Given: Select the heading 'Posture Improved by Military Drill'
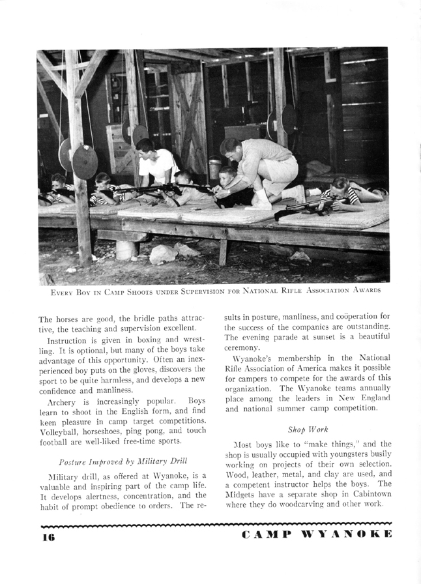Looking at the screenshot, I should pos(123,461).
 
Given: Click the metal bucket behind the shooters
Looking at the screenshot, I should pos(214,168).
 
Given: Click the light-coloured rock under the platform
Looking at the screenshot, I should pos(163,254).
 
